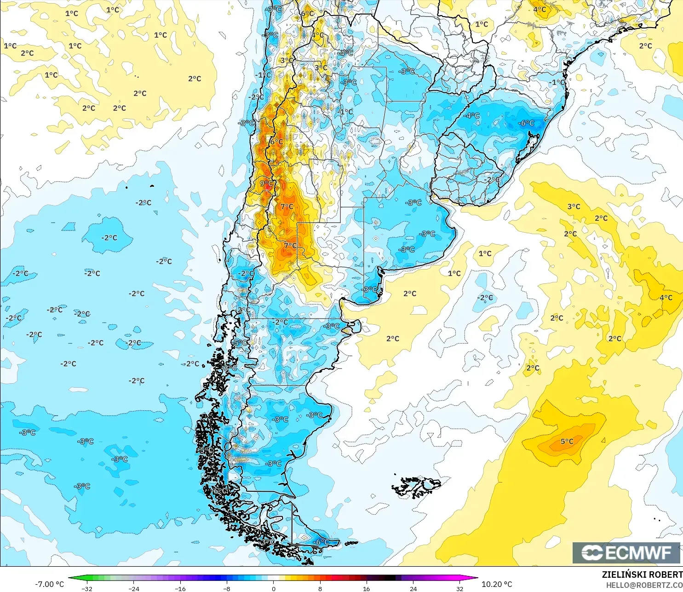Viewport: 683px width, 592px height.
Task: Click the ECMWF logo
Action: point(626,552)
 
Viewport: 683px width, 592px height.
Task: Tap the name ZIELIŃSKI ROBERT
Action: point(642,575)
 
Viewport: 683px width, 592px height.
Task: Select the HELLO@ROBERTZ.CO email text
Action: point(644,585)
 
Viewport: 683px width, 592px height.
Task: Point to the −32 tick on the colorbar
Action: point(87,588)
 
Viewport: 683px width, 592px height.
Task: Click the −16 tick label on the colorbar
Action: point(180,588)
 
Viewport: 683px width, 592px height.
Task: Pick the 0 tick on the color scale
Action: point(274,588)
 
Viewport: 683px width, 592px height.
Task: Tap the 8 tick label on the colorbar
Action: point(320,588)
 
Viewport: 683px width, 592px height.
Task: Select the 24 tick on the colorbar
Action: point(413,588)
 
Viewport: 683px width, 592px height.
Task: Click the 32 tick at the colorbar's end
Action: point(460,588)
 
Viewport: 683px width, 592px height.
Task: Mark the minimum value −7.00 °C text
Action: point(50,584)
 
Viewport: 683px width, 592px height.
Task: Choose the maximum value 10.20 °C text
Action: point(497,584)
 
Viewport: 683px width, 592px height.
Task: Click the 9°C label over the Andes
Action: point(266,183)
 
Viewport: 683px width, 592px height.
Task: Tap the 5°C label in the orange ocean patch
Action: point(567,442)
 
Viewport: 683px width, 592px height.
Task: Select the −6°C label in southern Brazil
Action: point(526,123)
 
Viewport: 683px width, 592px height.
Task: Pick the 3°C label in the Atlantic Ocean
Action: point(574,207)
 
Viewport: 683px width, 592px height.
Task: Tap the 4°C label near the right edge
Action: point(666,298)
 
